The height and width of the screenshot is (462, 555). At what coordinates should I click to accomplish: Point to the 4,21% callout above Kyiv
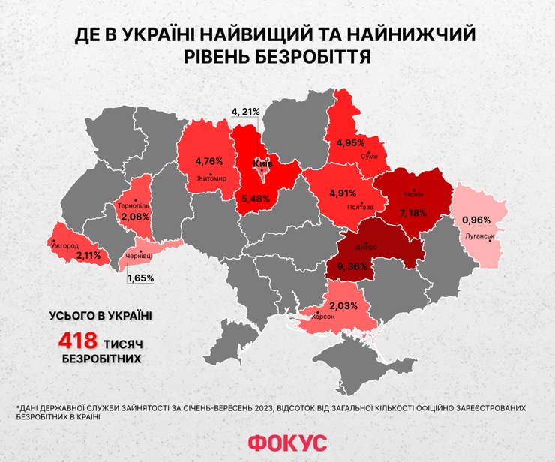245,112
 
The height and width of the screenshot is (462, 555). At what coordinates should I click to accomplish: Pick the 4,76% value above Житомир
209,161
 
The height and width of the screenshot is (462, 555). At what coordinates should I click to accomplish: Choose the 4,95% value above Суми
351,142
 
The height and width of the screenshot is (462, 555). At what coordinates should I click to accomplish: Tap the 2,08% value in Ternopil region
135,217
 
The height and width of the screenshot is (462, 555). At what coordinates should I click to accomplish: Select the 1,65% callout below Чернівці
140,277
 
